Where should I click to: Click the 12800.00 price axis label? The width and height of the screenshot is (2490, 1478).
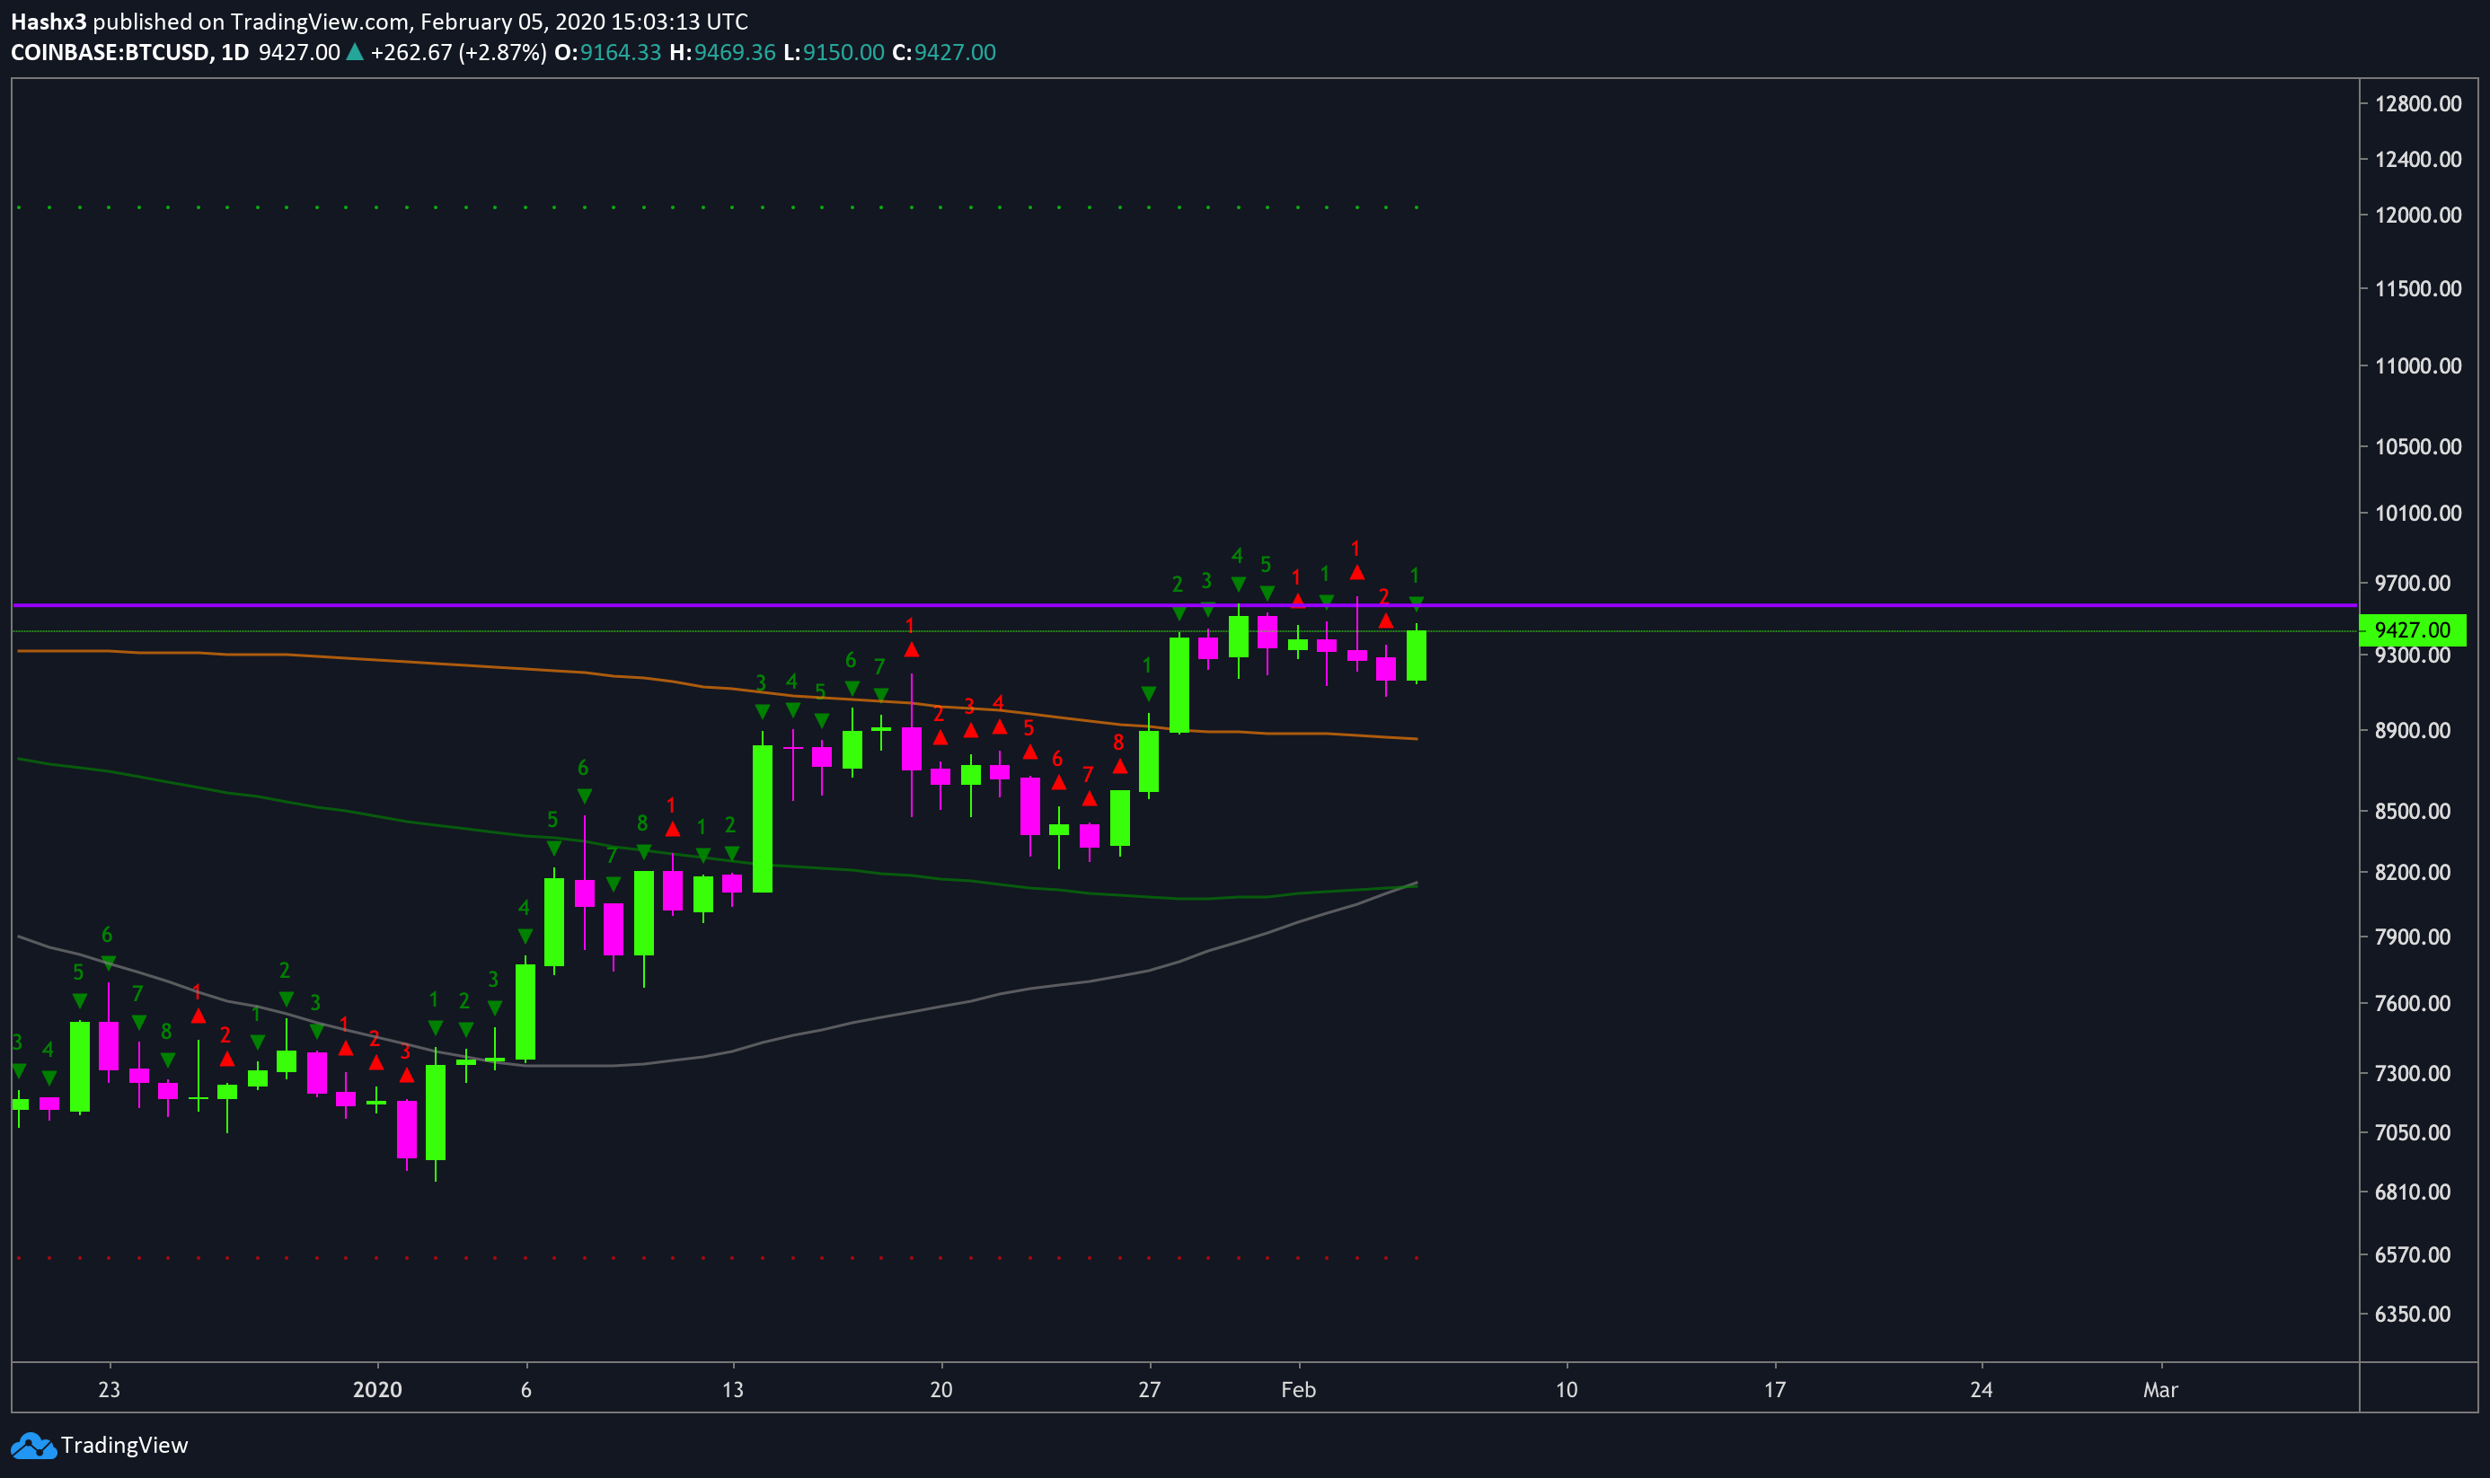(2418, 104)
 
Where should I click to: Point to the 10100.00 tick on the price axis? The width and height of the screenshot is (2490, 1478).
(2418, 514)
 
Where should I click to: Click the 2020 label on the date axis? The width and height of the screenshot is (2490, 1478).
(377, 1390)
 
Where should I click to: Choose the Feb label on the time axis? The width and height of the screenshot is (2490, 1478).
(1299, 1390)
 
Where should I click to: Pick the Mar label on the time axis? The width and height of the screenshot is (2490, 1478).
(2160, 1390)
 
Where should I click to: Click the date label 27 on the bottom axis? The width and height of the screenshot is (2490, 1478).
(1150, 1390)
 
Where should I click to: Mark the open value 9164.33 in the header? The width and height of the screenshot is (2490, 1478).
(621, 53)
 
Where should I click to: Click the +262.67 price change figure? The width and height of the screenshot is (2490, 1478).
(411, 53)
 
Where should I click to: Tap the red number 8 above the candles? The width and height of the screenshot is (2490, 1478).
(1118, 743)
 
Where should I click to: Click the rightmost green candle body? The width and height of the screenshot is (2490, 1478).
(1417, 656)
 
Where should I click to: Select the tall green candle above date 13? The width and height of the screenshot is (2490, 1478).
(762, 819)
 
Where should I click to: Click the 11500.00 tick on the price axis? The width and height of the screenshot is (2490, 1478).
(2418, 290)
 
